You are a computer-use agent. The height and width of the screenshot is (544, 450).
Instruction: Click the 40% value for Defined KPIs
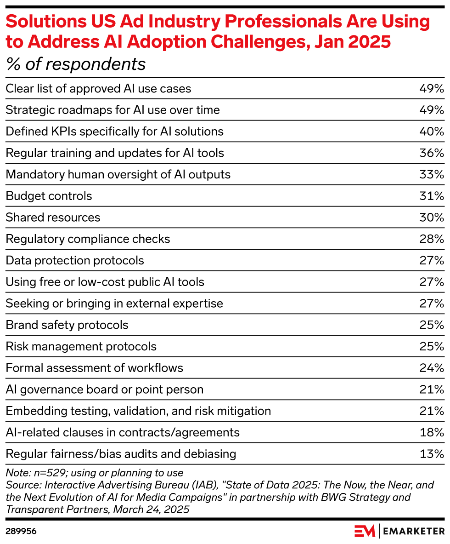point(432,132)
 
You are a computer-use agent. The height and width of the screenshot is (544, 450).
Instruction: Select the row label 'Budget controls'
point(49,196)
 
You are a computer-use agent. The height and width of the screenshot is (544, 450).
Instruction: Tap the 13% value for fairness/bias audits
point(432,454)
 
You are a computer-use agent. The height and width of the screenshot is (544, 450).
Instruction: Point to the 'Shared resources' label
point(53,218)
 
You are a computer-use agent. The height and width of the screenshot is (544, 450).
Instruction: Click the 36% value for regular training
point(432,153)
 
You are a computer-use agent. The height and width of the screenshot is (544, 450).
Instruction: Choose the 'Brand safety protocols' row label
point(67,325)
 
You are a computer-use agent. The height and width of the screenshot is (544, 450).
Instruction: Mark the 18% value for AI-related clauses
point(432,432)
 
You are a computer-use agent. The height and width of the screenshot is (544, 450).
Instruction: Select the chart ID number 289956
point(21,531)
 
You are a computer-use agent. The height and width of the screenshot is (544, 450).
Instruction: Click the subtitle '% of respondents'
point(76,64)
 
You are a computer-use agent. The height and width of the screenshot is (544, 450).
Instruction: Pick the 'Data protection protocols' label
point(75,260)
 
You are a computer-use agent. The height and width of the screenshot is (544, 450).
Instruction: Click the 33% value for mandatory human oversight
point(432,175)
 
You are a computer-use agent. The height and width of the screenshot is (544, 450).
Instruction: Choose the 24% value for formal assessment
point(432,368)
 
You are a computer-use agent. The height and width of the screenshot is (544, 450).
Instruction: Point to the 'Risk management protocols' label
point(81,346)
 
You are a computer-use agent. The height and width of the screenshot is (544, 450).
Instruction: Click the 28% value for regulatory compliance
point(432,239)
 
